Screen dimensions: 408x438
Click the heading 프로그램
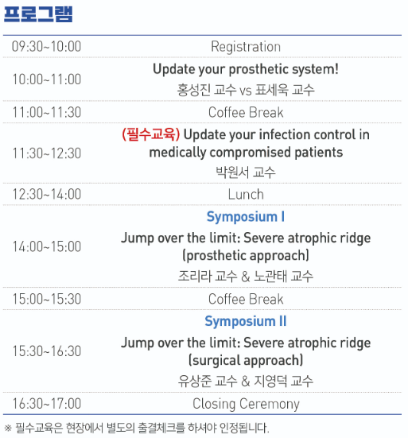pyautogui.click(x=38, y=14)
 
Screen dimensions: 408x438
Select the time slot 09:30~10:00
pyautogui.click(x=46, y=46)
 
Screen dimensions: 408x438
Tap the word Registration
pyautogui.click(x=246, y=47)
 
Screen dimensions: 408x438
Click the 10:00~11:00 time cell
pyautogui.click(x=46, y=79)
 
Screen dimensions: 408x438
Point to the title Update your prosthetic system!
pyautogui.click(x=246, y=69)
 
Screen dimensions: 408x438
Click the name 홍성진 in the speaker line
pyautogui.click(x=193, y=90)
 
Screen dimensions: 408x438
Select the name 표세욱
pyautogui.click(x=271, y=90)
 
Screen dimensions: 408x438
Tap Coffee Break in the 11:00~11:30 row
pyautogui.click(x=246, y=112)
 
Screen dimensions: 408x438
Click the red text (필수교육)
pyautogui.click(x=151, y=134)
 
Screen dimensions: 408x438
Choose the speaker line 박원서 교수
pyautogui.click(x=246, y=172)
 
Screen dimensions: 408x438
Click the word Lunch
pyautogui.click(x=246, y=195)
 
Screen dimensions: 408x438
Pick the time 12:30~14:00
pyautogui.click(x=46, y=194)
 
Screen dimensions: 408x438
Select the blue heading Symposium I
pyautogui.click(x=246, y=217)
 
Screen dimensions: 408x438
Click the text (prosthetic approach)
pyautogui.click(x=246, y=256)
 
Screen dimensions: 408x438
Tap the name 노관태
pyautogui.click(x=270, y=277)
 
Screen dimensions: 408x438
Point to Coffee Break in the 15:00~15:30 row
pyautogui.click(x=246, y=299)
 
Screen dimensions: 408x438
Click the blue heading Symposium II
pyautogui.click(x=246, y=321)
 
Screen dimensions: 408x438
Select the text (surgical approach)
pyautogui.click(x=246, y=360)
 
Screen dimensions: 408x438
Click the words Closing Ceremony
pyautogui.click(x=246, y=404)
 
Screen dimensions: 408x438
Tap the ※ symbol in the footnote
pyautogui.click(x=8, y=428)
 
